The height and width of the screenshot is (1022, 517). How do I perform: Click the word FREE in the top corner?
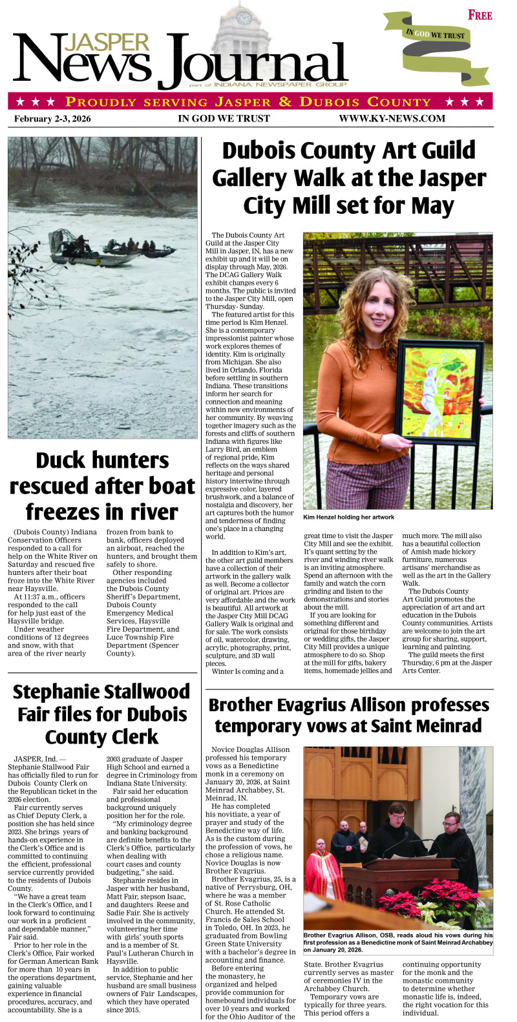[480, 15]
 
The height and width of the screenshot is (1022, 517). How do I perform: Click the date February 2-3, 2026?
[52, 118]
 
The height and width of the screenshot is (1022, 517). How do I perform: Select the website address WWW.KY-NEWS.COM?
[392, 118]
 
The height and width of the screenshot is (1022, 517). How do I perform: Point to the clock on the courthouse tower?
[244, 17]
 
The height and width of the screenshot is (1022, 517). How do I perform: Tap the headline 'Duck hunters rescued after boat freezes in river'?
[102, 486]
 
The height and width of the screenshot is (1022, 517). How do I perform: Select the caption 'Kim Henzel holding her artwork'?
[348, 517]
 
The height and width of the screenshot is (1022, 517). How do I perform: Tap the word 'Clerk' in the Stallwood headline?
[133, 736]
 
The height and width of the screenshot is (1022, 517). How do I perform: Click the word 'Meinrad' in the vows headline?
[443, 725]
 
